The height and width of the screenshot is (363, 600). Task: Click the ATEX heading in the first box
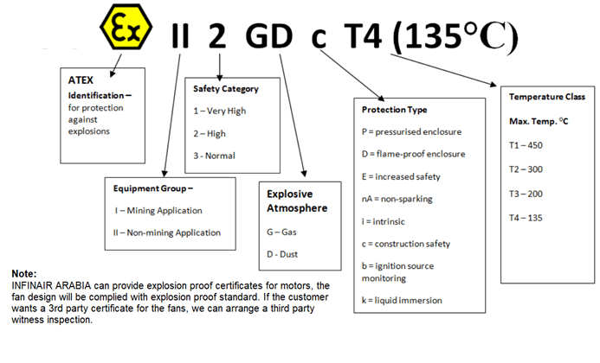[81, 80]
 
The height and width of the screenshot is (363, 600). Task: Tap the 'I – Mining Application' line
[158, 210]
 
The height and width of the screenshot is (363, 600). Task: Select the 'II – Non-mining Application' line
[168, 232]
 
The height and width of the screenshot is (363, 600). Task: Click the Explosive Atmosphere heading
[290, 201]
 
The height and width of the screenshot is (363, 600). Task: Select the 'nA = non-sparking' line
[397, 199]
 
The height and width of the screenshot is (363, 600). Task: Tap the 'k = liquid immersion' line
[403, 300]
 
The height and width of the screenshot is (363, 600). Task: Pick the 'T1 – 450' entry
[526, 145]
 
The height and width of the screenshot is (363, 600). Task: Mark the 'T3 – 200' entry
[526, 194]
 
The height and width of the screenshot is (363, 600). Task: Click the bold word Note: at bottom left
[25, 273]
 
